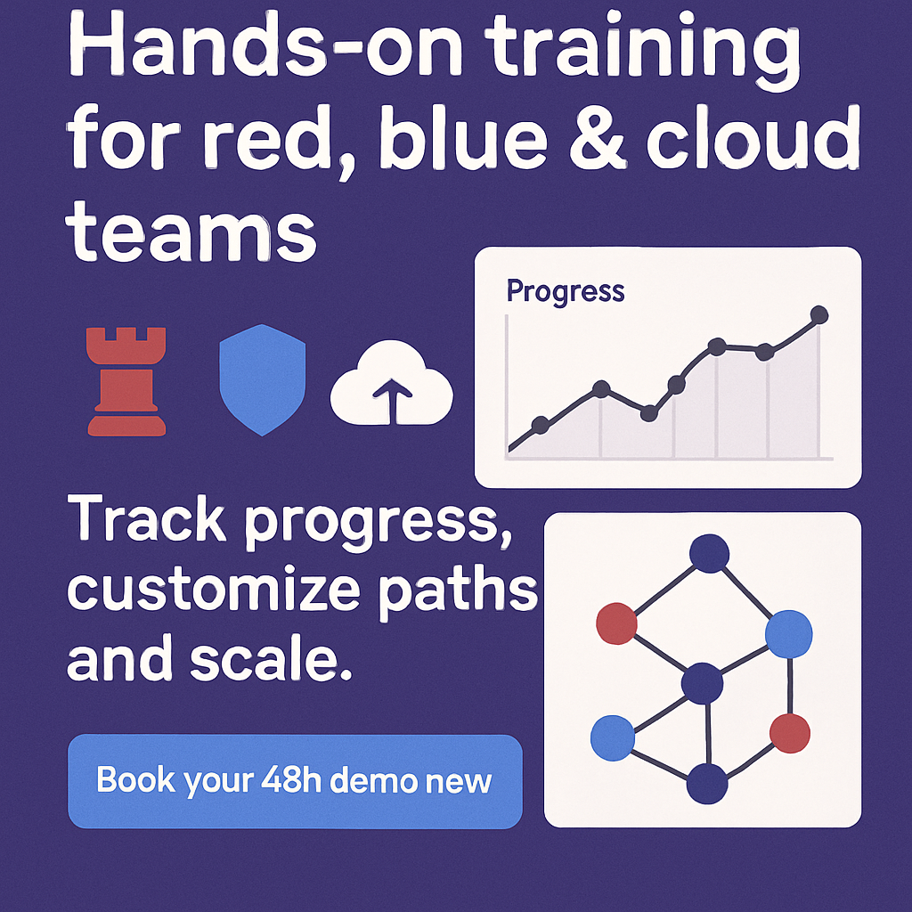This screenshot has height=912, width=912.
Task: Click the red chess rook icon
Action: [x=126, y=381]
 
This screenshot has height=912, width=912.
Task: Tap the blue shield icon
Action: [x=263, y=379]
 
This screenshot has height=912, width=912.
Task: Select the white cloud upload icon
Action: [x=392, y=383]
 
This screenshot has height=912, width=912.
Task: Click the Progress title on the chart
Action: [x=566, y=291]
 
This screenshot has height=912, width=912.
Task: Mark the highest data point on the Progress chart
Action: [x=819, y=314]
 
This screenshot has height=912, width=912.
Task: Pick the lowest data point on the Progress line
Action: [x=541, y=425]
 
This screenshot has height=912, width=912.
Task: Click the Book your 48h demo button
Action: [x=295, y=781]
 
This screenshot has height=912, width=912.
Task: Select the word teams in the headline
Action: [x=192, y=232]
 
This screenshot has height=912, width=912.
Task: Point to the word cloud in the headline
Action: [x=753, y=135]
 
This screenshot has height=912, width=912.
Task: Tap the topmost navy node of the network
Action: [x=709, y=552]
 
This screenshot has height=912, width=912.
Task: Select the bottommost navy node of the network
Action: [x=707, y=784]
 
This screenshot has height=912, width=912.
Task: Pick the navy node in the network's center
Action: [x=702, y=683]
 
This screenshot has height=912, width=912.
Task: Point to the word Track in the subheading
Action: [x=147, y=519]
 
